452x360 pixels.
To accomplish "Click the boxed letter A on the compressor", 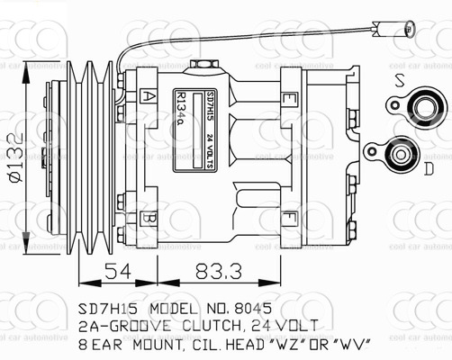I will click(x=149, y=94).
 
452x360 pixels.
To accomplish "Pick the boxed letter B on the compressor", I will click(x=150, y=219).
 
